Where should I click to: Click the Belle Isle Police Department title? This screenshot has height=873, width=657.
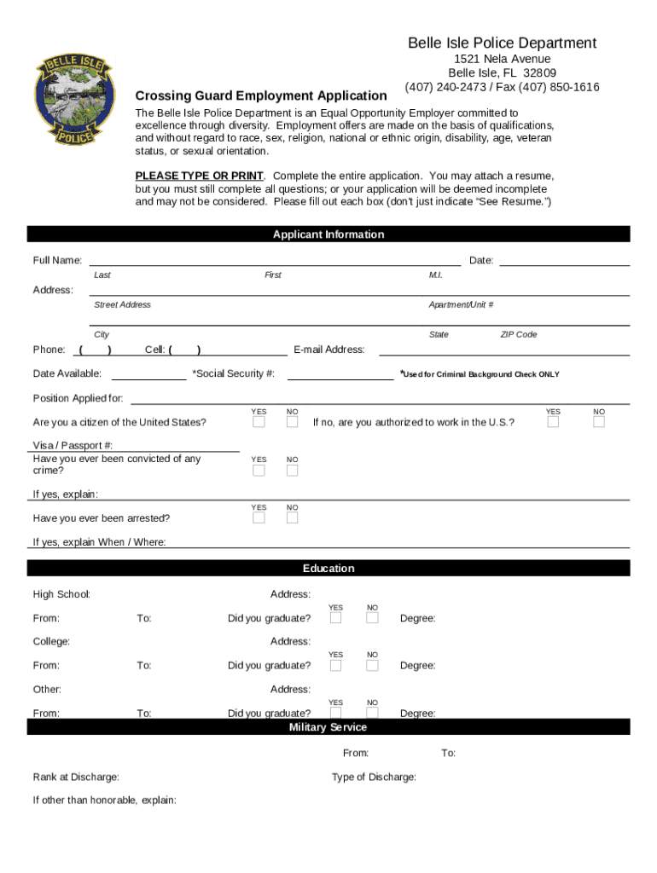pyautogui.click(x=502, y=43)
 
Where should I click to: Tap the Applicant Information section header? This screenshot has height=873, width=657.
pyautogui.click(x=328, y=234)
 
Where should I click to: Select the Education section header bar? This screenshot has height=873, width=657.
pyautogui.click(x=328, y=569)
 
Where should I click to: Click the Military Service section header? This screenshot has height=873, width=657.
pyautogui.click(x=328, y=727)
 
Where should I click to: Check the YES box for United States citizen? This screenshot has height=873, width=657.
pyautogui.click(x=259, y=422)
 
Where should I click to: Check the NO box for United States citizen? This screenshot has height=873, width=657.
pyautogui.click(x=292, y=422)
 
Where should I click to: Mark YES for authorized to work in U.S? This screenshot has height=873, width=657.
pyautogui.click(x=553, y=422)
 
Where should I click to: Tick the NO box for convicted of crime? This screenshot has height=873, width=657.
pyautogui.click(x=292, y=471)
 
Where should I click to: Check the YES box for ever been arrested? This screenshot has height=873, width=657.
pyautogui.click(x=259, y=517)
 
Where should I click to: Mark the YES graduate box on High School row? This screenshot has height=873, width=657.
pyautogui.click(x=336, y=618)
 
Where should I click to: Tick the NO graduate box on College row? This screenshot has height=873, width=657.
pyautogui.click(x=372, y=665)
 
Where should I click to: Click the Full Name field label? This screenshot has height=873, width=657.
pyautogui.click(x=57, y=260)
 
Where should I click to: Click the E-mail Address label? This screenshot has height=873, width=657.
pyautogui.click(x=328, y=350)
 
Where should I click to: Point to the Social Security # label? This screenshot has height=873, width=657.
pyautogui.click(x=233, y=373)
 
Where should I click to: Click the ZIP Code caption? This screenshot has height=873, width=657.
pyautogui.click(x=518, y=335)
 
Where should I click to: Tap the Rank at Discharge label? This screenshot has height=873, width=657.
pyautogui.click(x=76, y=778)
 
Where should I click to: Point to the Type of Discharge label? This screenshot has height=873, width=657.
pyautogui.click(x=374, y=778)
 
